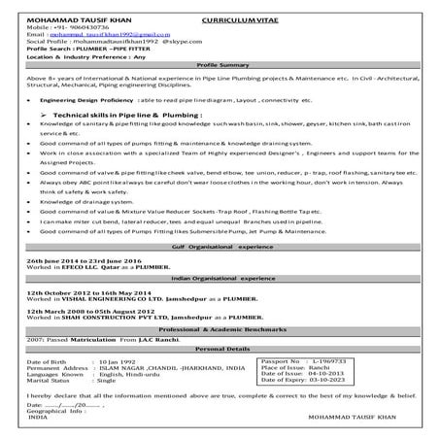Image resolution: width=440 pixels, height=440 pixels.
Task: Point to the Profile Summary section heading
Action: [x=220, y=64]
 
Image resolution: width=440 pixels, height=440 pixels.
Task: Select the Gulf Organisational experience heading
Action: [x=220, y=248]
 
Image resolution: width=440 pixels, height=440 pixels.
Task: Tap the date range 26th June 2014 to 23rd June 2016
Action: [x=84, y=262]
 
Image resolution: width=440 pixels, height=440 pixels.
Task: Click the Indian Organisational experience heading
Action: [x=220, y=279]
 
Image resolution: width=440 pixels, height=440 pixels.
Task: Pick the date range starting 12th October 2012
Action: [x=83, y=292]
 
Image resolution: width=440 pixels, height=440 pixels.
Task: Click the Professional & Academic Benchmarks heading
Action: [x=220, y=331]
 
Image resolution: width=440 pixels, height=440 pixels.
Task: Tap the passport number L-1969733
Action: [x=332, y=360]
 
